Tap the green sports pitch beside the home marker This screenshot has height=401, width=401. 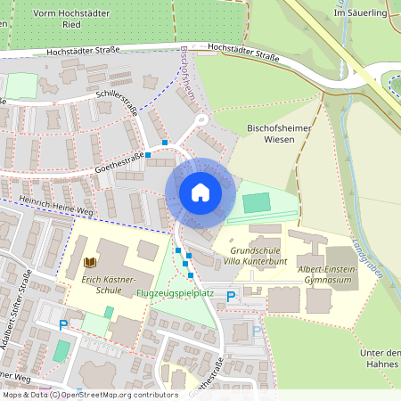(256, 203)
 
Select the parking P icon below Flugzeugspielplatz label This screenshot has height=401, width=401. (231, 296)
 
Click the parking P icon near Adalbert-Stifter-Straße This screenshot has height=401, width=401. (63, 325)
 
